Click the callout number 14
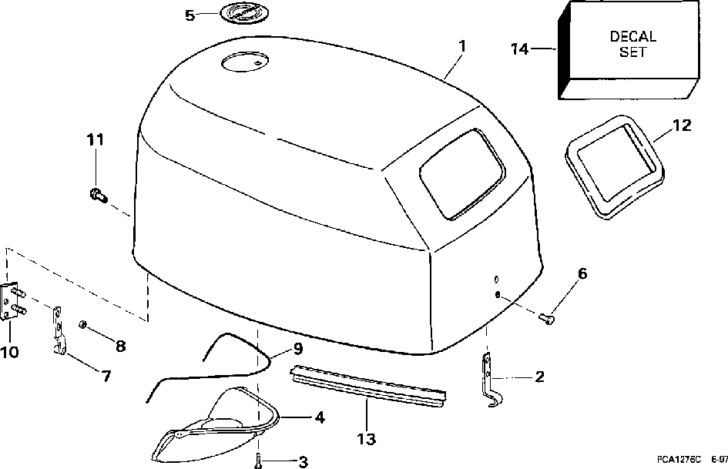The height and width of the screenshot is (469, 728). click(521, 49)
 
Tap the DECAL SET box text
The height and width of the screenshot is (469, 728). click(632, 45)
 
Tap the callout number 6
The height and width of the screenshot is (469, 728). click(582, 273)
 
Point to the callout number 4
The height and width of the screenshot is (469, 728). click(318, 417)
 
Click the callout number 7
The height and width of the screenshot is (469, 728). click(106, 376)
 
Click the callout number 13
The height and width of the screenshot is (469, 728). click(366, 439)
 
